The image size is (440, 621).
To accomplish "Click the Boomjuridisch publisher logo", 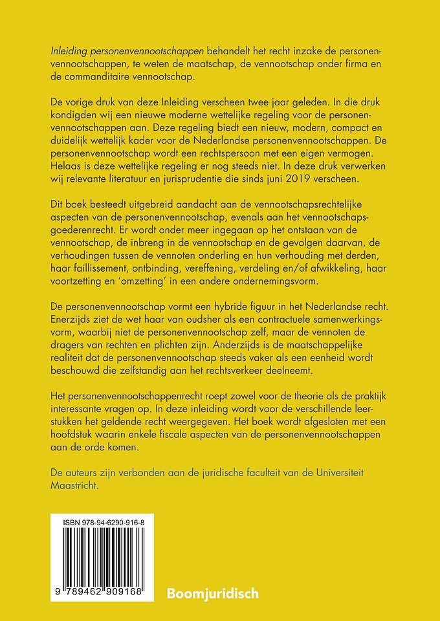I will (x=212, y=592).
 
